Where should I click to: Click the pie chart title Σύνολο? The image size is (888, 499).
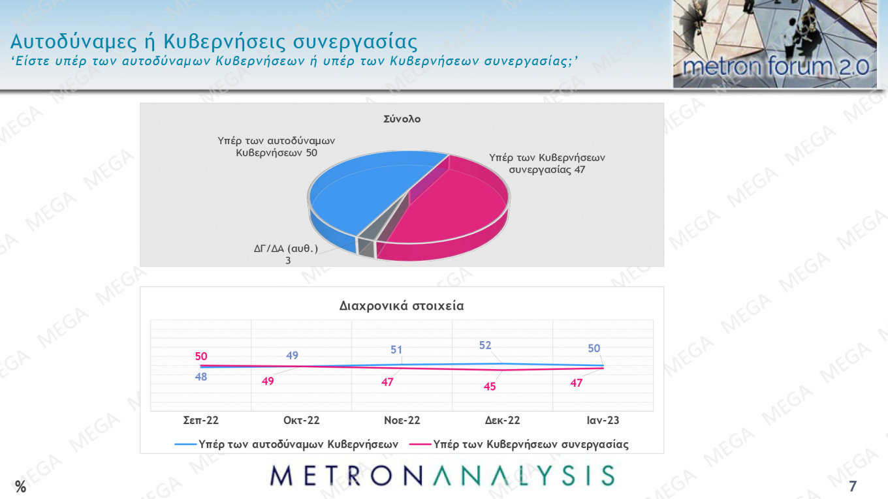(402, 119)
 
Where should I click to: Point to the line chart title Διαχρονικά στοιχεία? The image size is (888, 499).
(402, 305)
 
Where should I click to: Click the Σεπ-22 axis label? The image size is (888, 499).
(201, 421)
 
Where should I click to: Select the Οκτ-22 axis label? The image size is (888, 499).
(302, 421)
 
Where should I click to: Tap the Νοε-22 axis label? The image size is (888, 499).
(402, 421)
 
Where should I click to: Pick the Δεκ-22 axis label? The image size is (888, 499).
(502, 421)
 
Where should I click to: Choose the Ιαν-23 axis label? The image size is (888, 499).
(602, 421)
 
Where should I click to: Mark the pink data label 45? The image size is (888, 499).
(490, 386)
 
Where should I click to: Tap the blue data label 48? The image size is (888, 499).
(201, 376)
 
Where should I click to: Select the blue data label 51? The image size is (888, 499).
(396, 350)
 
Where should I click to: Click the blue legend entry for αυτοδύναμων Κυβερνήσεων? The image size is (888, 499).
(287, 444)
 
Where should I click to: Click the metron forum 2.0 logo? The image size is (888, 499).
(775, 44)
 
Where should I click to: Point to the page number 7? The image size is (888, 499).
(852, 486)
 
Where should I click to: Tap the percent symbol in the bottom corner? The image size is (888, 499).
(21, 486)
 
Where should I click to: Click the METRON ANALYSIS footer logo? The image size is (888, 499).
(443, 476)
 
